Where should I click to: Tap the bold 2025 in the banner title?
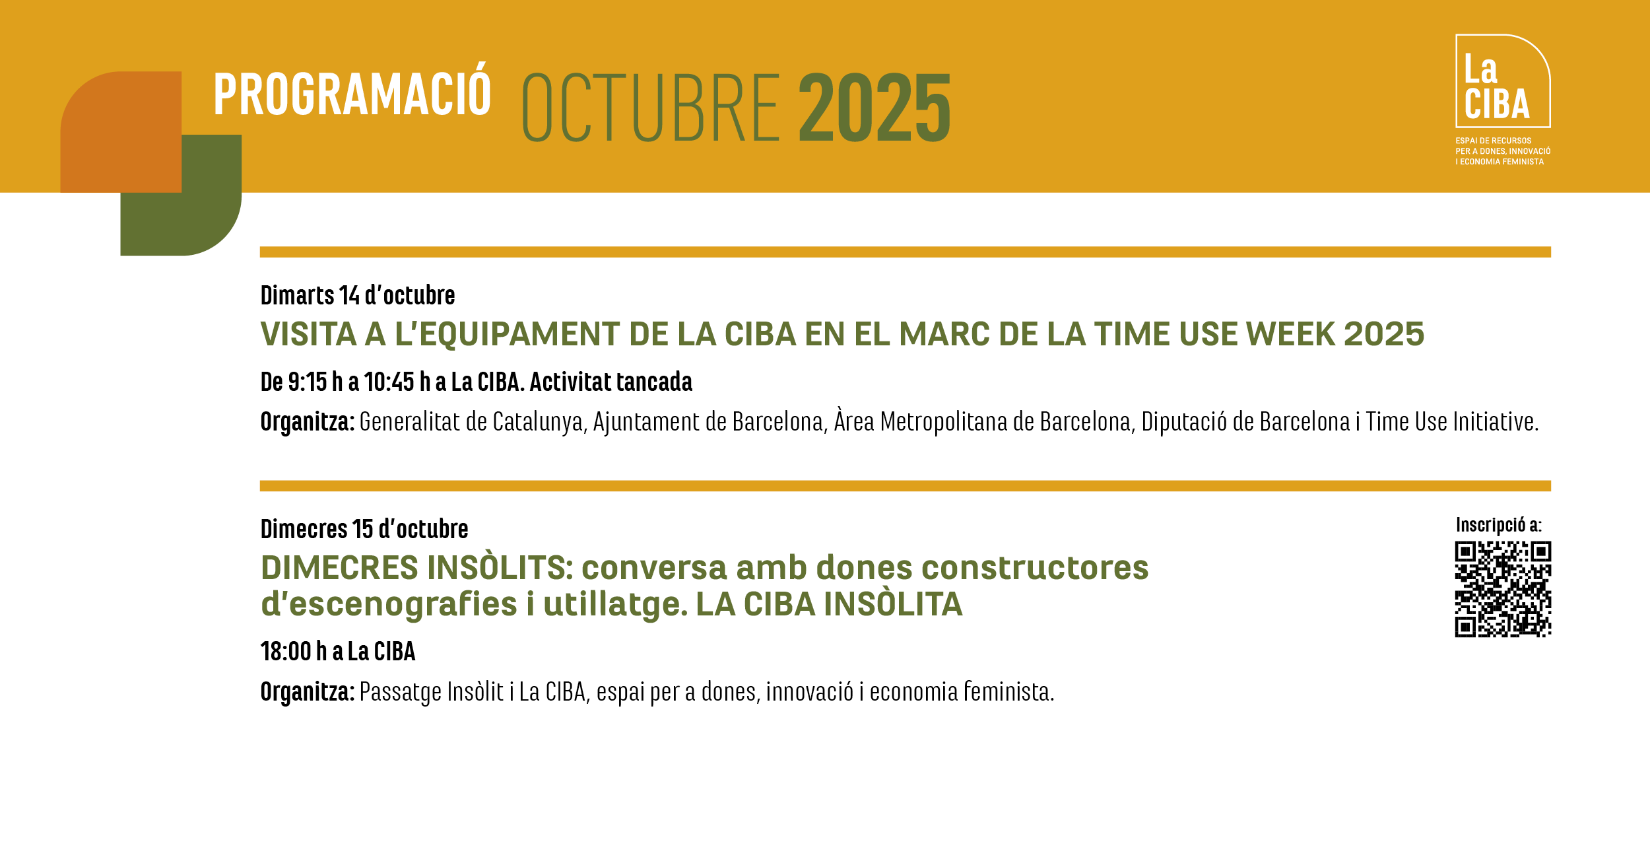point(874,108)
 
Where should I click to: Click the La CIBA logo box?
point(1503,81)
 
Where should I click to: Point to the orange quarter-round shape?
point(121,132)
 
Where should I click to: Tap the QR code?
point(1503,589)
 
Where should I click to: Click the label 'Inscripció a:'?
point(1499,525)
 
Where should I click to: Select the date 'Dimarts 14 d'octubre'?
point(358,295)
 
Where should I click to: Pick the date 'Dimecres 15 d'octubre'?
point(364,529)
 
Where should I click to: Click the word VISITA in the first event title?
point(309,334)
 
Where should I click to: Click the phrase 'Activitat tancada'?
point(611,382)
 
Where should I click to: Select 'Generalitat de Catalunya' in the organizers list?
point(472,422)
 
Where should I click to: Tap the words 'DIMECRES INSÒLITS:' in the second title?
point(417,567)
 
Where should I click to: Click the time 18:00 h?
point(294,652)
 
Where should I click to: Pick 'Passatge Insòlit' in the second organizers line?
point(432,692)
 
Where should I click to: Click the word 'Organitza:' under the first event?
point(308,422)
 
